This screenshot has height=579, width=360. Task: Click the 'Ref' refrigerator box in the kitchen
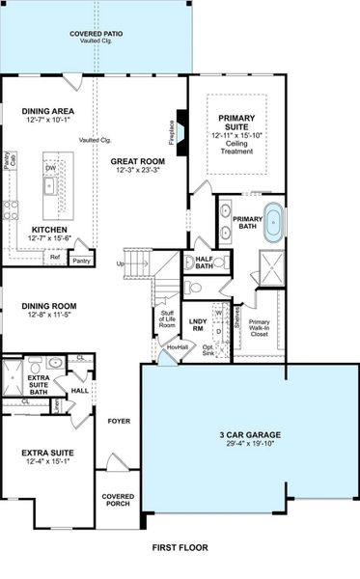tap(55, 257)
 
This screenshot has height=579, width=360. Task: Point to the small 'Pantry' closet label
tap(81, 260)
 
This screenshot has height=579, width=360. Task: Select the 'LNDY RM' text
tap(198, 324)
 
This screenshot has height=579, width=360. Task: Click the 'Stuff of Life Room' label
tap(166, 319)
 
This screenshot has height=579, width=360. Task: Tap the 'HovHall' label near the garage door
tap(177, 347)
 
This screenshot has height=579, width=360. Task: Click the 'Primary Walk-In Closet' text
tap(259, 329)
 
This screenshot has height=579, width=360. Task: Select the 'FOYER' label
tap(119, 420)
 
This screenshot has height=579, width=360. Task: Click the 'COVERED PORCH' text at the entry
tap(119, 501)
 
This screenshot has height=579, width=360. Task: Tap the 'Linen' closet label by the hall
tap(56, 406)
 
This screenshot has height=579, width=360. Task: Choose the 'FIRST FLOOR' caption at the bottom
tap(180, 547)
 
